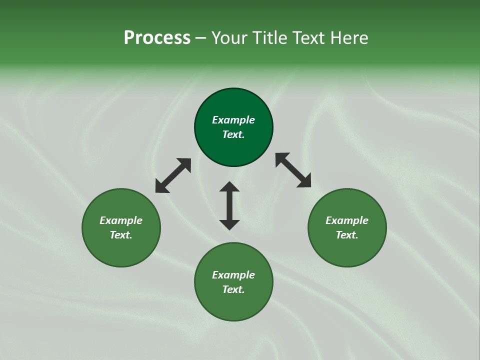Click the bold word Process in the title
click(x=157, y=38)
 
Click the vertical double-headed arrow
click(x=229, y=205)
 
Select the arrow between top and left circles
click(x=173, y=175)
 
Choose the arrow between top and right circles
click(x=293, y=170)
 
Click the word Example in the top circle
click(x=233, y=120)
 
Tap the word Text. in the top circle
click(x=233, y=134)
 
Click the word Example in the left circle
click(x=121, y=220)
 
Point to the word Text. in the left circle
click(x=121, y=235)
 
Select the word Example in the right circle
click(x=347, y=220)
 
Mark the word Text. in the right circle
click(x=347, y=235)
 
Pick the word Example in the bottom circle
click(x=233, y=275)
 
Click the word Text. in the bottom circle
click(x=233, y=289)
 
